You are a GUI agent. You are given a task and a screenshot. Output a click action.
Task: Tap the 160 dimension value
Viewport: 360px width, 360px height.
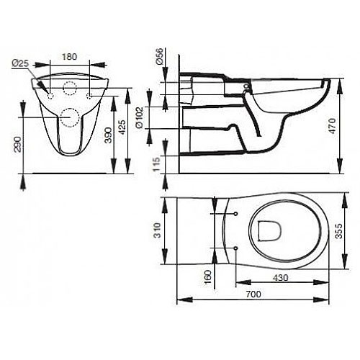pyautogui.click(x=208, y=276)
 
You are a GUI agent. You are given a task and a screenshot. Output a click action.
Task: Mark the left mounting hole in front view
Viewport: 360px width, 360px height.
pyautogui.click(x=51, y=95)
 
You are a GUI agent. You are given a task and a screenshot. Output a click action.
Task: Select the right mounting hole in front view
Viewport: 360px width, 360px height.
pyautogui.click(x=89, y=95)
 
